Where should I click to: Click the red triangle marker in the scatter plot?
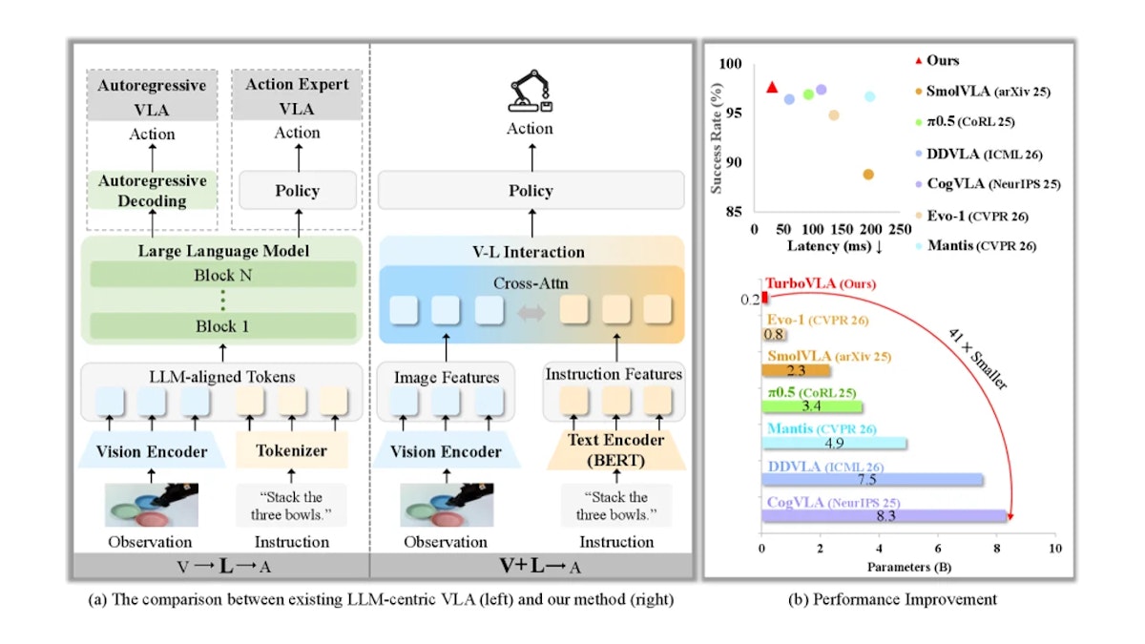pos(772,88)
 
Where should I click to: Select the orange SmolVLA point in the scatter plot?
pos(868,175)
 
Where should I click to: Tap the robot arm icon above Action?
pos(531,91)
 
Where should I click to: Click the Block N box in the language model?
pos(223,275)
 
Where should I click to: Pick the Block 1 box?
pos(223,326)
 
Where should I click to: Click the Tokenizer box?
pos(291,450)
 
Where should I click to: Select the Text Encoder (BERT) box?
pos(616,449)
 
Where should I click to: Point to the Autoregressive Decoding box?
pos(152,190)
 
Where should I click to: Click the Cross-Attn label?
pos(531,283)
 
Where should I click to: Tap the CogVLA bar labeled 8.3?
pos(884,516)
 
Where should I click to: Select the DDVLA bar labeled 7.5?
pos(872,479)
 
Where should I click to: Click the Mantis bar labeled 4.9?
pos(834,443)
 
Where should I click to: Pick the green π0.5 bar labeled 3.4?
pos(812,406)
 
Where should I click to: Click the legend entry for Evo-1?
pos(971,216)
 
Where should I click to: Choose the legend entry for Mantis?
pos(976,246)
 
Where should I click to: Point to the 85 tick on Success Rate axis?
pos(734,211)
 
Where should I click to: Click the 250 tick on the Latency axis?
pos(900,229)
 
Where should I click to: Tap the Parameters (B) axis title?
pos(908,567)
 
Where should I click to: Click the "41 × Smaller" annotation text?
pos(977,359)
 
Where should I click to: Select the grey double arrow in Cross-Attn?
pos(531,312)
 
